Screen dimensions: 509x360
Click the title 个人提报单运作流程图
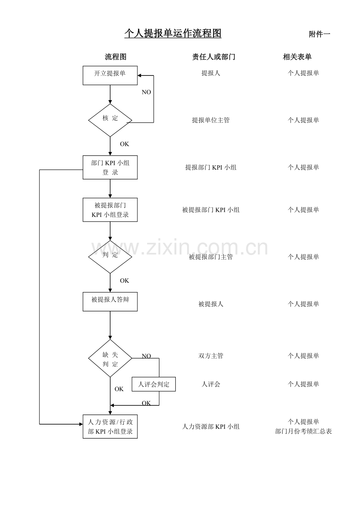pos(173,34)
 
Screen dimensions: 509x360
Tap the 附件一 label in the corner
pos(319,34)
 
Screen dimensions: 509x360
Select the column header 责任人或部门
pos(213,57)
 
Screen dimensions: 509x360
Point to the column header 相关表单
pos(297,57)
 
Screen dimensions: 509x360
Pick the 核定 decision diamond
pos(110,120)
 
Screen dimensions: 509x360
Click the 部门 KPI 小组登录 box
pos(110,167)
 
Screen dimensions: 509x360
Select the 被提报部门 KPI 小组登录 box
pos(110,210)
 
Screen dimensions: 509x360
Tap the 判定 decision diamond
pos(110,257)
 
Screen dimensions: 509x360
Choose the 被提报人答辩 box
pos(110,301)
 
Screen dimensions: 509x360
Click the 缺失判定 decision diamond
pos(110,358)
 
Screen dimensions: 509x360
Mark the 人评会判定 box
pos(153,384)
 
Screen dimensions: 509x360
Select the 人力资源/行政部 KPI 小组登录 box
pos(110,427)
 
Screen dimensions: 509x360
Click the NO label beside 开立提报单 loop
pos(146,92)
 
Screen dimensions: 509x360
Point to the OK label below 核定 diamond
pos(124,144)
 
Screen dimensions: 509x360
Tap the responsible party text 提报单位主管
pos(211,120)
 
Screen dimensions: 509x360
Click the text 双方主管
pos(211,356)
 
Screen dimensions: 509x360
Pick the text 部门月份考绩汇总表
pos(303,432)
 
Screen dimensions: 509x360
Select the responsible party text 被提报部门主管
pos(211,257)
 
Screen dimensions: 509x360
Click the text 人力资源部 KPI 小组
pos(211,427)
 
